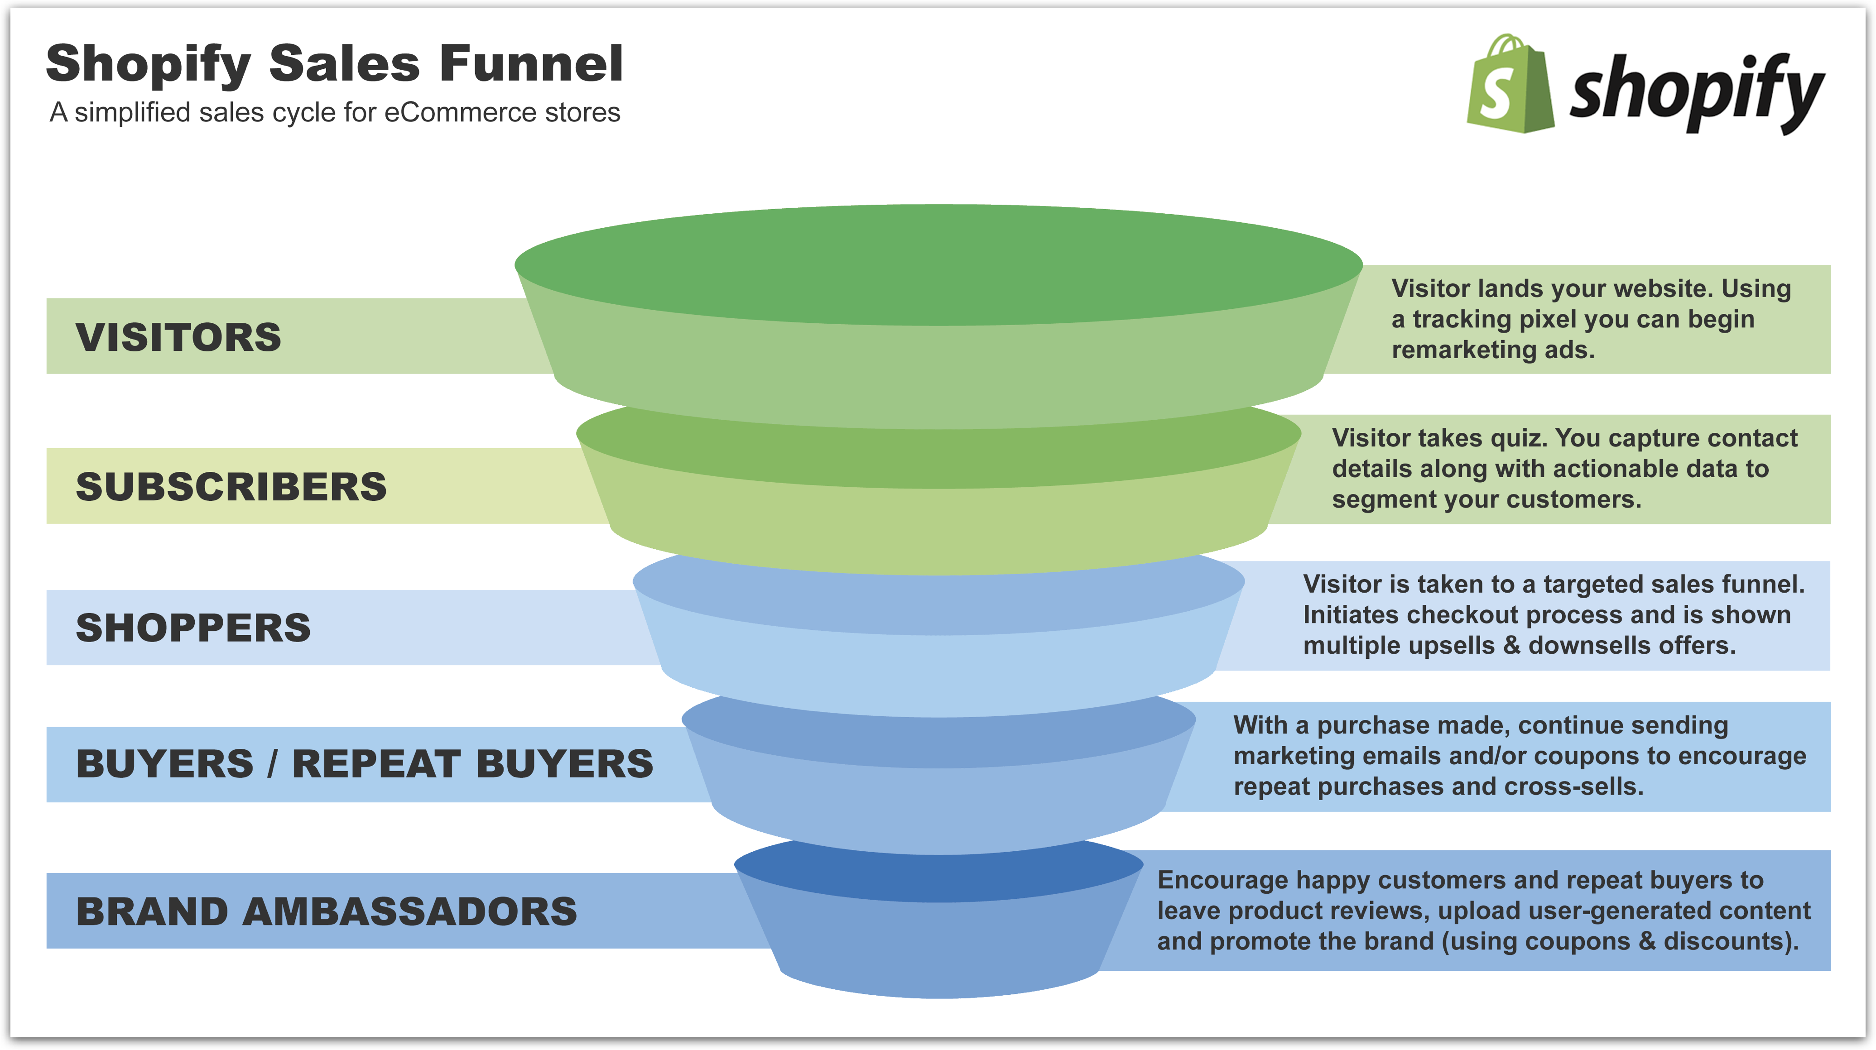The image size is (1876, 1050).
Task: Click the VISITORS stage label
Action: (178, 337)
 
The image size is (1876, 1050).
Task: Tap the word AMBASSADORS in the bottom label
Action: (409, 911)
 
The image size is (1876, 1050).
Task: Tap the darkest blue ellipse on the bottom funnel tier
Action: (938, 870)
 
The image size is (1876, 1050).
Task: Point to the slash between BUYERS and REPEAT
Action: (272, 764)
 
